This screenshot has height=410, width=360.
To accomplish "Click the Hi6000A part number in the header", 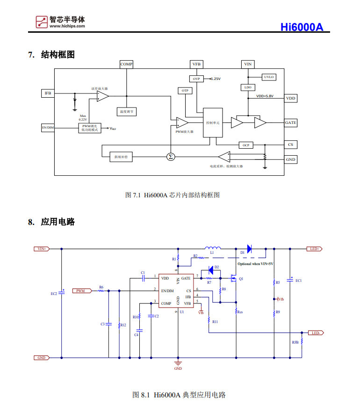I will pos(302,27).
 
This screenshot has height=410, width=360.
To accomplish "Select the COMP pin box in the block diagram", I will pos(126,64).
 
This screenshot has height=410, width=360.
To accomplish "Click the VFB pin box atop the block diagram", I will pos(196,64).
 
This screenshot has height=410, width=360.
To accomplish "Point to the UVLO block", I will pos(269,77).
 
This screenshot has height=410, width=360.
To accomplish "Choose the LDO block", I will pos(248,87).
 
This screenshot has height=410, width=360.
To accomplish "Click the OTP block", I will pos(185,90).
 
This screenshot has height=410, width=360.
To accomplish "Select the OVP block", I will pos(196,79).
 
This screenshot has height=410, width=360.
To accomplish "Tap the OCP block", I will pos(246,145).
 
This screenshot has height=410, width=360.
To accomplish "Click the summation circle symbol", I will pos(171,157).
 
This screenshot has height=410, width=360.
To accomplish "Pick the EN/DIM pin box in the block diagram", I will pos(48,127).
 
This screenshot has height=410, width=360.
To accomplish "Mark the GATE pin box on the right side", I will pos(290,122).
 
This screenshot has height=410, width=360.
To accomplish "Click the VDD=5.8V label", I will pos(265,96).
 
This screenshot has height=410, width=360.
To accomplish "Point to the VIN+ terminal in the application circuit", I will pos(42,249).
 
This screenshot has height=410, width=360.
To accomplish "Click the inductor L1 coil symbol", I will pos(213,248).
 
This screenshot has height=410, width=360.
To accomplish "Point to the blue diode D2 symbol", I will pos(211,270).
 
